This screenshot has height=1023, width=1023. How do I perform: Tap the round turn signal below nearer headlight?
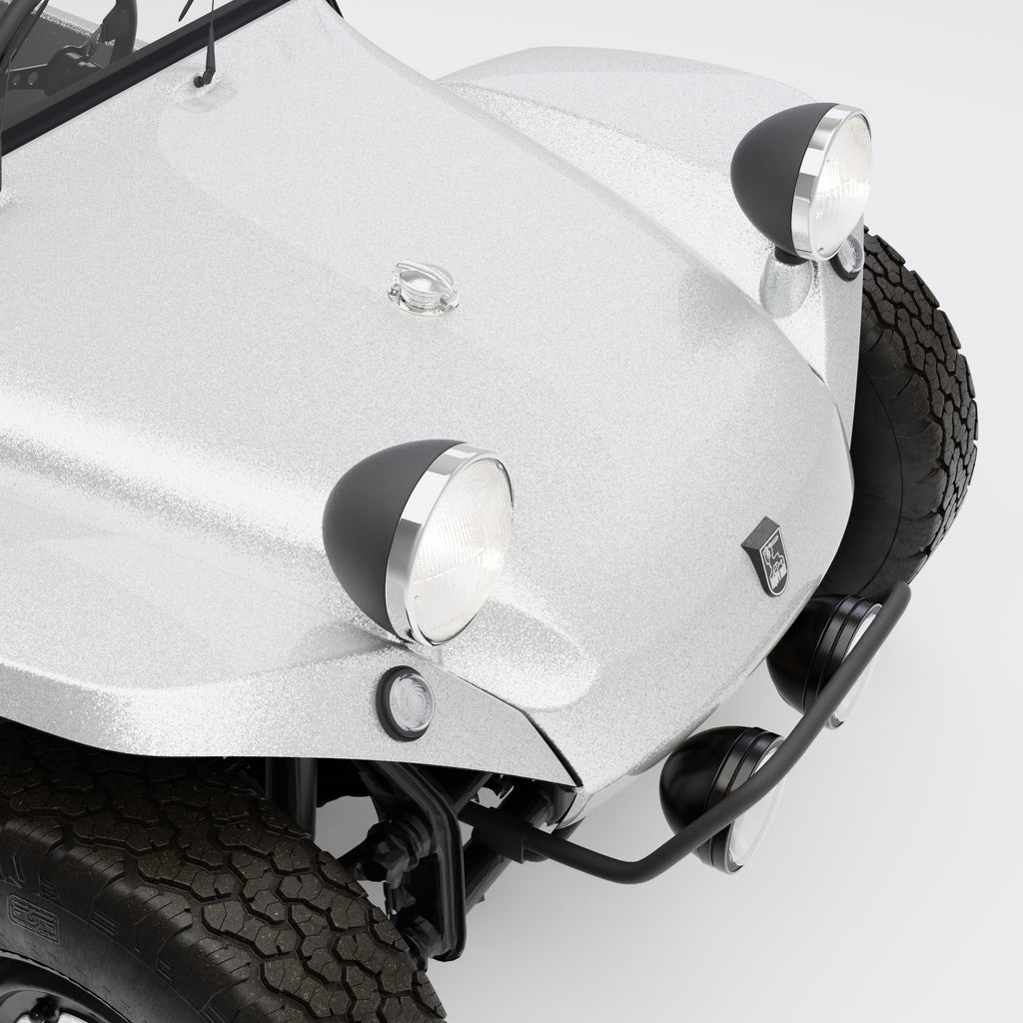[x=407, y=701]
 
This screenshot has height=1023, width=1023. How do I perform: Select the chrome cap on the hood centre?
[x=421, y=286]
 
